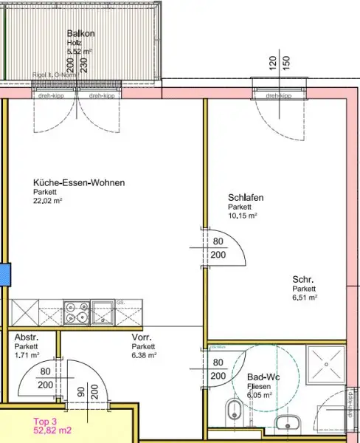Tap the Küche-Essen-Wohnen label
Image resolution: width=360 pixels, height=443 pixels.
coord(79,183)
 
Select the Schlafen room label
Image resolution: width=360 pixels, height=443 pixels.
coord(246,198)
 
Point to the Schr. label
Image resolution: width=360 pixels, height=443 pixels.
coord(303,279)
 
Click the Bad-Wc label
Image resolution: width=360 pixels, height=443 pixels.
coord(263,377)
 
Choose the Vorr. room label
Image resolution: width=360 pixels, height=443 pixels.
coord(142,337)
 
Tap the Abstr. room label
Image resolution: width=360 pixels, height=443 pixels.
coord(27,337)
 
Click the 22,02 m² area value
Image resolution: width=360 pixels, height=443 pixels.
coord(47,200)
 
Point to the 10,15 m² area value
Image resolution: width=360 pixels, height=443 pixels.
coord(242,216)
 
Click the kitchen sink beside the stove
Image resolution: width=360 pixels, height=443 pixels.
coord(104,312)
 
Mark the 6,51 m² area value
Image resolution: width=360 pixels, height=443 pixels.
coord(305,298)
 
